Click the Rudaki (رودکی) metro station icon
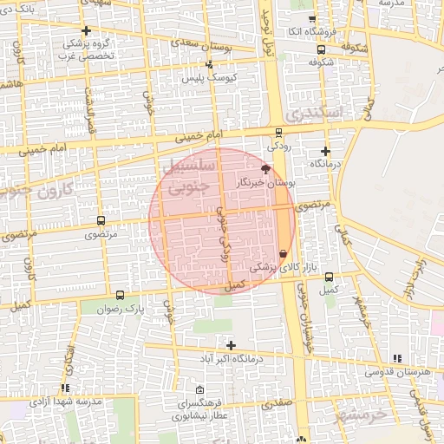point(277,133)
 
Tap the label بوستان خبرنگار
point(266,183)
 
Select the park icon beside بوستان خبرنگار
point(265,168)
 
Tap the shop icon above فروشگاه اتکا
point(311,19)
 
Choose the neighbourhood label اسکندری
point(319,112)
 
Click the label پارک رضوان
point(119,308)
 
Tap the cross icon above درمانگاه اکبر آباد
point(230,345)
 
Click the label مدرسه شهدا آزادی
point(63,402)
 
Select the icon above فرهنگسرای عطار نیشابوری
point(200,389)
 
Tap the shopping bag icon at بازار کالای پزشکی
point(283,252)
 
